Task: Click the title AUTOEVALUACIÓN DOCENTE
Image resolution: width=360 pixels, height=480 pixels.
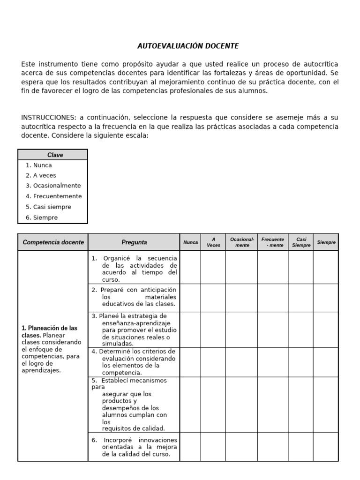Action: pyautogui.click(x=188, y=46)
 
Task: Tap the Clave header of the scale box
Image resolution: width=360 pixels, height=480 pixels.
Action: pyautogui.click(x=55, y=155)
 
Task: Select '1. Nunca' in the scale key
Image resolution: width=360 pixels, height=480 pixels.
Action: pyautogui.click(x=39, y=165)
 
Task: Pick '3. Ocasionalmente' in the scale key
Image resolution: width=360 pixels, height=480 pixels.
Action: pyautogui.click(x=53, y=186)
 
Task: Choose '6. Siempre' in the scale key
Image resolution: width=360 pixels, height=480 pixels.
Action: pyautogui.click(x=42, y=217)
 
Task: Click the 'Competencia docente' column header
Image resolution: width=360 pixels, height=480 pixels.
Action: pyautogui.click(x=53, y=242)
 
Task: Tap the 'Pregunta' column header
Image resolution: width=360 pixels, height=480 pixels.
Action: pyautogui.click(x=134, y=242)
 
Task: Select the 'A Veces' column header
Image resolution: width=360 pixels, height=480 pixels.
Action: pyautogui.click(x=213, y=242)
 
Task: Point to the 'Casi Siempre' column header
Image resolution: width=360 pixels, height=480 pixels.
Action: pyautogui.click(x=301, y=242)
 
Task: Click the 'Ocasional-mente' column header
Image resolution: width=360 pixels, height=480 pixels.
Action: pyautogui.click(x=242, y=242)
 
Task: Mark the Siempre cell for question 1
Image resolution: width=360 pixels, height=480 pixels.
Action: pyautogui.click(x=326, y=268)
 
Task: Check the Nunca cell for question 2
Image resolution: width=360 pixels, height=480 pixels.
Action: pyautogui.click(x=190, y=298)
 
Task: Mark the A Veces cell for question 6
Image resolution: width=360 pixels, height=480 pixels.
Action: pyautogui.click(x=213, y=447)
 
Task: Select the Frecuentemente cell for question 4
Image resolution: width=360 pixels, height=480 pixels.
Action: pyautogui.click(x=273, y=362)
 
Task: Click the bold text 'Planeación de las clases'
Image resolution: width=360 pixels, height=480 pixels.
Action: pyautogui.click(x=50, y=331)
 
